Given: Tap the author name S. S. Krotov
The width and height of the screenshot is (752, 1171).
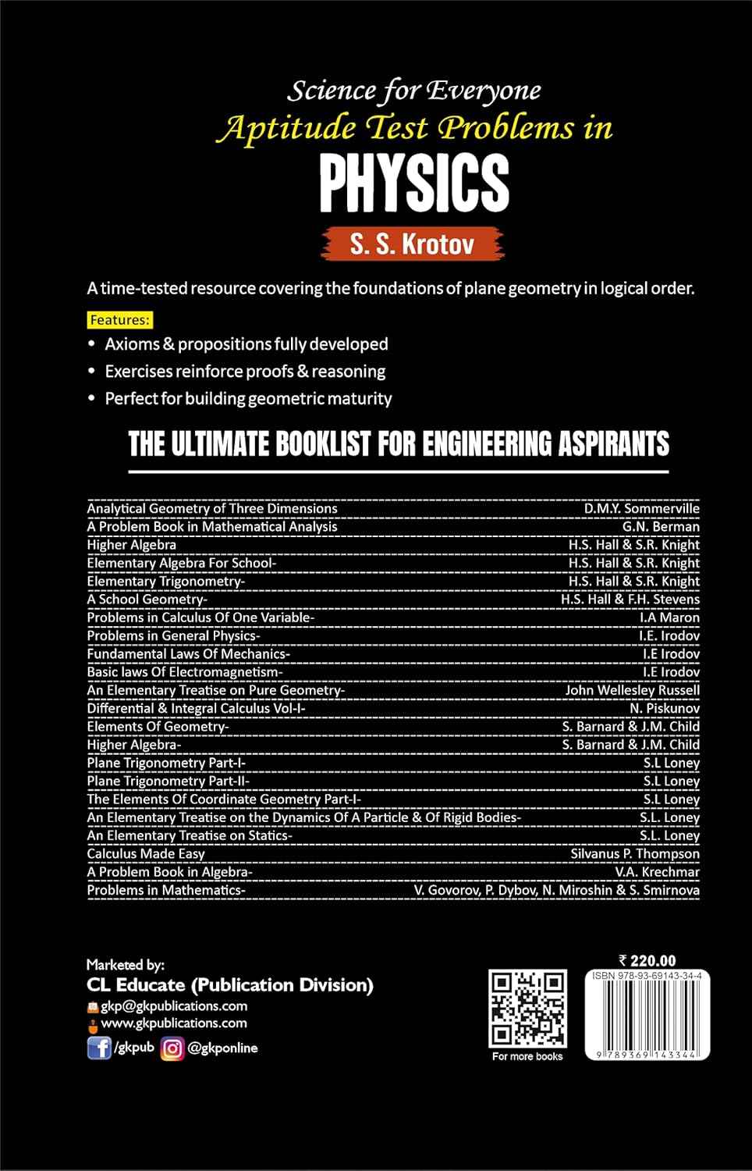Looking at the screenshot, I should [x=412, y=244].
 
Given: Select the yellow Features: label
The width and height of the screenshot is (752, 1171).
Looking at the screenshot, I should [x=119, y=320].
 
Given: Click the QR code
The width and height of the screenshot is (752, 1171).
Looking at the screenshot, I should [x=527, y=1009].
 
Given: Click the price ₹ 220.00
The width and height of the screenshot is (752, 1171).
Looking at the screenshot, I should [x=647, y=961].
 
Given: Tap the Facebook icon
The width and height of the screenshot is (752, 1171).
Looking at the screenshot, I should [x=99, y=1048].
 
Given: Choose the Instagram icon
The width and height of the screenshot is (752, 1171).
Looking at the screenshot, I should [x=172, y=1048].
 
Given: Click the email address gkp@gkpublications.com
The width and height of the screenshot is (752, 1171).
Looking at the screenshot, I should [x=174, y=1005].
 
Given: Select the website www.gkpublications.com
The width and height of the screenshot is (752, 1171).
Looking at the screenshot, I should [x=174, y=1023].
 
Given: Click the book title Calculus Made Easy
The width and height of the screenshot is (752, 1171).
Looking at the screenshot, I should [x=146, y=853].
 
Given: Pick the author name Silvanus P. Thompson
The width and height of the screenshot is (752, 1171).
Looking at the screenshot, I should [x=635, y=853].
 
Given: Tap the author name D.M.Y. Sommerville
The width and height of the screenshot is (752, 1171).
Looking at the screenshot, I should [x=641, y=508].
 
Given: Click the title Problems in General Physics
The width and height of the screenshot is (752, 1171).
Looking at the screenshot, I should [x=173, y=635].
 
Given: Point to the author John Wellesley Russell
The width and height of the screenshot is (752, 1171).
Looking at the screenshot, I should [x=632, y=690].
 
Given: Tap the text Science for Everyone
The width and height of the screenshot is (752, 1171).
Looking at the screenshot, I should [x=414, y=91].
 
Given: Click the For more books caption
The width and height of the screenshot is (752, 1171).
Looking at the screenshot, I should [x=527, y=1056].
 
